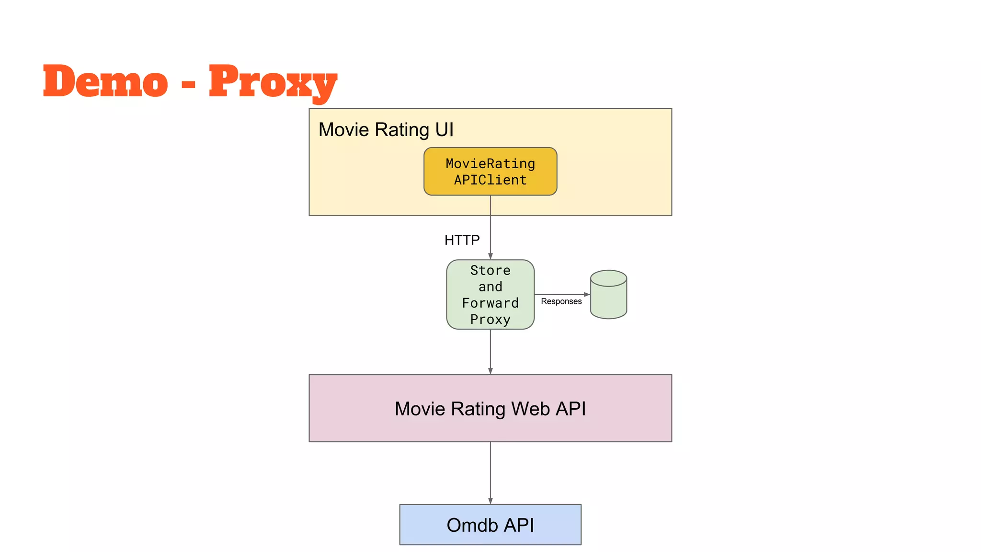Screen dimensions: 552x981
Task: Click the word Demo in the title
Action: click(x=105, y=81)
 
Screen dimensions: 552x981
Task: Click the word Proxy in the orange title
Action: click(x=273, y=81)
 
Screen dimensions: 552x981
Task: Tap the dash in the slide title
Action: click(x=189, y=85)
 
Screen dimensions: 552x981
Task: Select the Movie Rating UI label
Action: click(x=386, y=130)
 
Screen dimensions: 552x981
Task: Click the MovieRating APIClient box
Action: click(x=490, y=172)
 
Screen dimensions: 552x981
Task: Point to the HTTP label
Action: click(x=462, y=240)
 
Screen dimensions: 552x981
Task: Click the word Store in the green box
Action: click(x=490, y=270)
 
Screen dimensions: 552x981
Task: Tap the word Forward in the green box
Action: click(x=490, y=303)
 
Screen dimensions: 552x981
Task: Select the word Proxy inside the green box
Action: click(x=490, y=320)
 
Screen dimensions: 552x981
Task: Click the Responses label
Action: click(x=561, y=301)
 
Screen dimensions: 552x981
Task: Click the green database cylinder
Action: click(x=608, y=299)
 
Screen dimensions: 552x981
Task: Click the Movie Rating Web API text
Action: click(x=490, y=409)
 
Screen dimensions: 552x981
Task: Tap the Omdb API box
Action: click(x=490, y=525)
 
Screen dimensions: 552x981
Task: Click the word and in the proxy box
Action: click(x=490, y=287)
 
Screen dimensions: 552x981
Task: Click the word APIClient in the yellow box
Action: click(x=490, y=180)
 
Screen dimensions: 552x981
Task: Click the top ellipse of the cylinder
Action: click(x=608, y=278)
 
